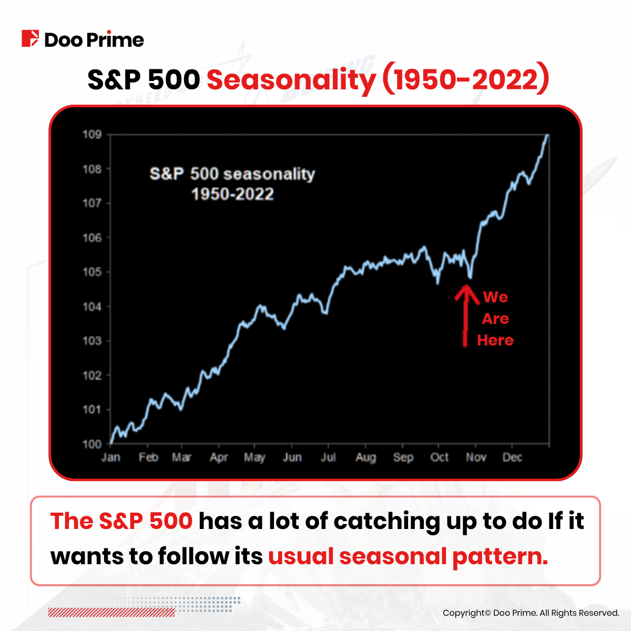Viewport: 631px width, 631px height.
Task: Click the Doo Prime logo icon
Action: [30, 39]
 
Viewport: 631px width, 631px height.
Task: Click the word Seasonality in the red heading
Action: [291, 80]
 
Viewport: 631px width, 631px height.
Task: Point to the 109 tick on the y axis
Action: [92, 135]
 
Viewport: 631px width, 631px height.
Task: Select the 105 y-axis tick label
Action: [92, 272]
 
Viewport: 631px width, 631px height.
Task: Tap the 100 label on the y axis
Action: [92, 444]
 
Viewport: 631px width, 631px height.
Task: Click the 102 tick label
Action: [92, 375]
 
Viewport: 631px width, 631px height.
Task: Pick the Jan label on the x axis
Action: [110, 457]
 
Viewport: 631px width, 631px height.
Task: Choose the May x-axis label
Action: [255, 457]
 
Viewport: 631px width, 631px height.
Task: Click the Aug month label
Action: [365, 457]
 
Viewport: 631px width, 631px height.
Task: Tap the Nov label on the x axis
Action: [476, 457]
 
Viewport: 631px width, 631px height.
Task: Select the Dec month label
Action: [512, 457]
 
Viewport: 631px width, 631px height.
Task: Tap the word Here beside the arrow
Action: [495, 340]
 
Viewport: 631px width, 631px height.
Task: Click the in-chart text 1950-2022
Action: [232, 195]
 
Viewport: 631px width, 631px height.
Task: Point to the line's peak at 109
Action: [548, 135]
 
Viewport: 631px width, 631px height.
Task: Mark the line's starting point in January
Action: [111, 443]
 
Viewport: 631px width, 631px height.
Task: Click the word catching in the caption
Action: [386, 521]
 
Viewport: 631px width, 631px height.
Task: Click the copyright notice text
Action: [531, 613]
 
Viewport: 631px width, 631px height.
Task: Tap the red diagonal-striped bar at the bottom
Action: [111, 612]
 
